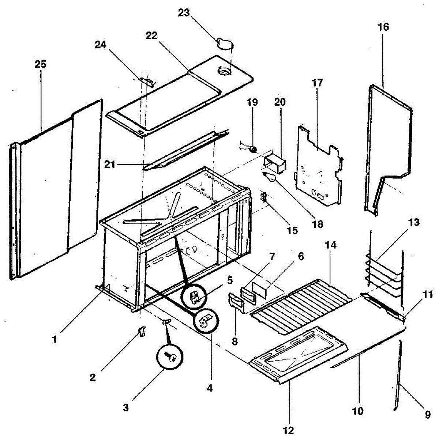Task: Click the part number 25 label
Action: point(40,65)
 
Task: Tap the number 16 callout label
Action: point(383,27)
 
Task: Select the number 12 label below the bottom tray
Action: point(289,430)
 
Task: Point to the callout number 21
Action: point(109,165)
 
